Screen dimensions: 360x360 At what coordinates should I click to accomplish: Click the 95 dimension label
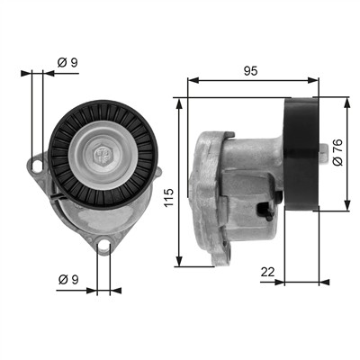click(x=250, y=71)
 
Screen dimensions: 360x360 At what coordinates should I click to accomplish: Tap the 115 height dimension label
click(x=169, y=197)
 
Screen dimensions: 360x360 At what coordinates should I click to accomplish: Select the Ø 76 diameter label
click(x=337, y=152)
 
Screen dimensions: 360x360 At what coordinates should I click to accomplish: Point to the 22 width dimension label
click(x=267, y=272)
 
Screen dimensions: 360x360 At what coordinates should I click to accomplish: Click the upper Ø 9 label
click(x=67, y=62)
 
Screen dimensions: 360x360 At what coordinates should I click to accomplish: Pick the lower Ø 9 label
click(x=68, y=280)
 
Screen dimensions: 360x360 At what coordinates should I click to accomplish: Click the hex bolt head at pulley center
click(x=103, y=156)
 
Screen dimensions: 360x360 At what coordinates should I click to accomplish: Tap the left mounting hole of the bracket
click(x=37, y=166)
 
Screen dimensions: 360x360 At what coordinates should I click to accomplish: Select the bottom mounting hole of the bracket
click(x=103, y=245)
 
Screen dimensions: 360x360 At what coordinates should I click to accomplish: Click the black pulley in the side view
click(x=301, y=154)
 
